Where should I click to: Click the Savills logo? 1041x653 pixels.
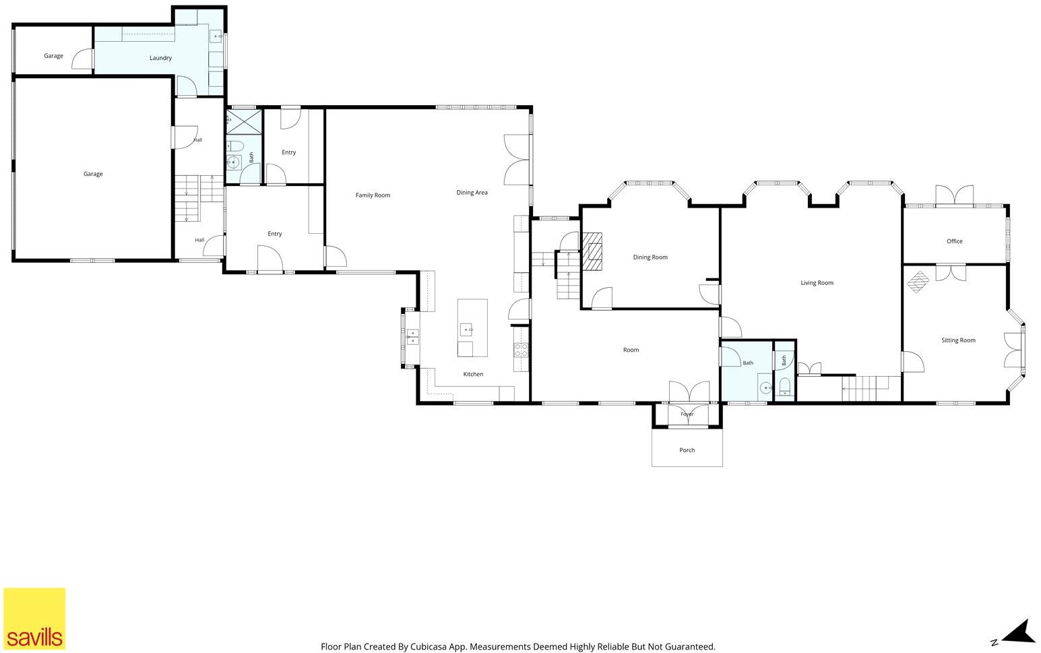(34, 619)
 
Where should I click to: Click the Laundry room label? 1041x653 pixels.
(160, 58)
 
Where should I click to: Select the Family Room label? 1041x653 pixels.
(373, 195)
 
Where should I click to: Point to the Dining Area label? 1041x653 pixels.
(472, 193)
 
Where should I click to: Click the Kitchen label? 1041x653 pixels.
(473, 374)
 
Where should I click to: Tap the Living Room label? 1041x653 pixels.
(817, 282)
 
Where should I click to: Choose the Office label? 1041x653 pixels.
(955, 241)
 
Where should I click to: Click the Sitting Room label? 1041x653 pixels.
(958, 340)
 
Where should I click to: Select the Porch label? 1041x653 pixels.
(687, 450)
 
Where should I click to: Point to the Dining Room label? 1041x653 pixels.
(650, 257)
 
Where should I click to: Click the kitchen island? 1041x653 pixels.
(472, 328)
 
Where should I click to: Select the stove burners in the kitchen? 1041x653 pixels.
(521, 350)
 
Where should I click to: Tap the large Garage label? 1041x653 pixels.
(93, 174)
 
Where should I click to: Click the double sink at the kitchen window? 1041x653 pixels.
(412, 337)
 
